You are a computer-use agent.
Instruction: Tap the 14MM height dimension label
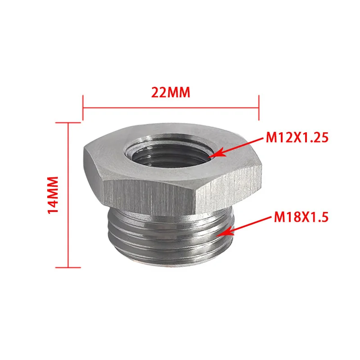coord(53,194)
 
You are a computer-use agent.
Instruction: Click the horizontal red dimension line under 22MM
coord(171,108)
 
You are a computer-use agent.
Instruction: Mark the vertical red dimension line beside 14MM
coord(68,194)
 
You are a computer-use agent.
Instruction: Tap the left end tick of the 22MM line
coord(83,108)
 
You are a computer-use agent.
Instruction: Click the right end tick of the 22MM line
coord(258,108)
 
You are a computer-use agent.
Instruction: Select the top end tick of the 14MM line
coord(68,122)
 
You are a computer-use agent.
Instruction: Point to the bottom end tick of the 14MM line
coord(68,266)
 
